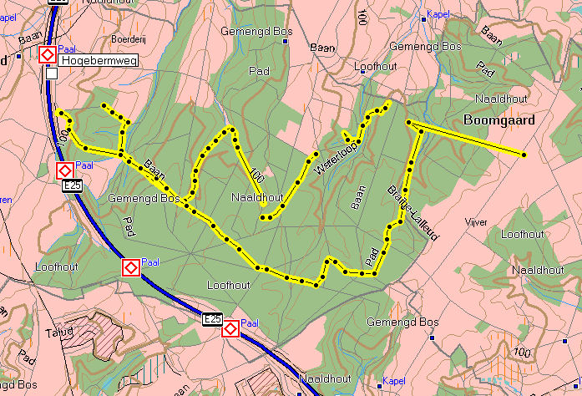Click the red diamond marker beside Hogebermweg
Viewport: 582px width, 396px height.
[48, 55]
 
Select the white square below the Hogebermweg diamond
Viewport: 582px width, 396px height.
[52, 74]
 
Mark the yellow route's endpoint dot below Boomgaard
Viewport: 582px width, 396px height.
[524, 155]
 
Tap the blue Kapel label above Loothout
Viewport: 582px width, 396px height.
[438, 14]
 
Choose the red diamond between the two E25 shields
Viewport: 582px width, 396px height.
[131, 268]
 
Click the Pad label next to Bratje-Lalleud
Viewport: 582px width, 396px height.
[372, 251]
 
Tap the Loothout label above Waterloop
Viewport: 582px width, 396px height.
[378, 66]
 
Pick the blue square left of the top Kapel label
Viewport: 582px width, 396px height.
[424, 15]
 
